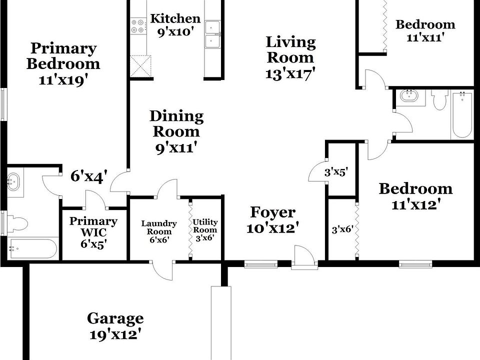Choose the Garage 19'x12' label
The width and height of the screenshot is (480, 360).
115,325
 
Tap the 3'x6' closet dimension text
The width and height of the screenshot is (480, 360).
342,230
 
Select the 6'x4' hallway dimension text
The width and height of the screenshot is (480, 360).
88,176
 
